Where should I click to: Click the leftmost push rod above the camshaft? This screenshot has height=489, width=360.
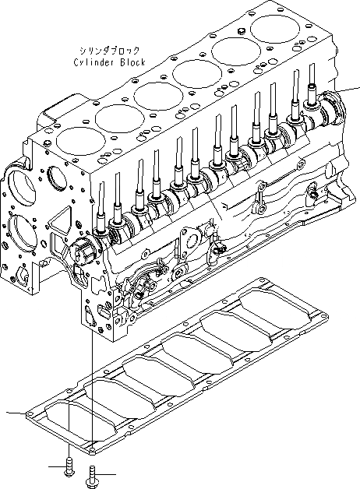[103, 202]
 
